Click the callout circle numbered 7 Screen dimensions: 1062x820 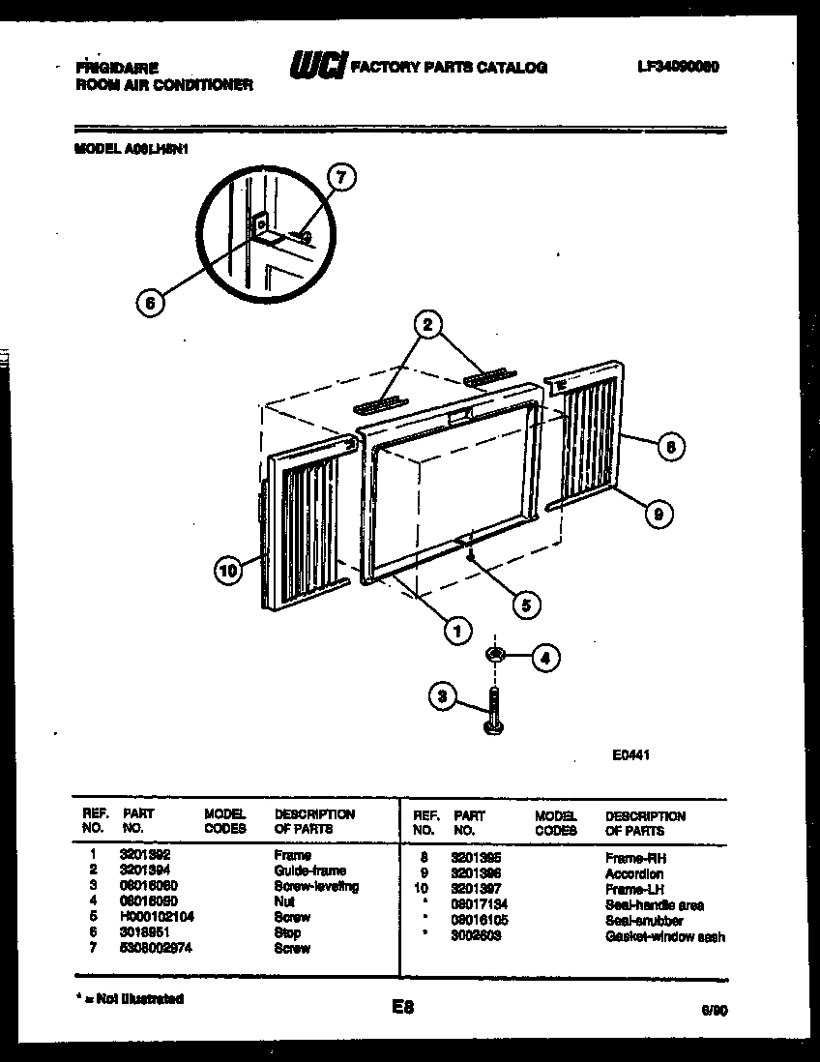(339, 176)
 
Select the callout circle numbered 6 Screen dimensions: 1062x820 (148, 302)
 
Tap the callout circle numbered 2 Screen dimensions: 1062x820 (425, 325)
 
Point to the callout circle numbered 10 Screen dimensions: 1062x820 (228, 572)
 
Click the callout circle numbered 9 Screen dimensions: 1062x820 (658, 515)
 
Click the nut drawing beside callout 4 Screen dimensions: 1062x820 (496, 657)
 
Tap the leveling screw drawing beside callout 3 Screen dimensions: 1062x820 (494, 712)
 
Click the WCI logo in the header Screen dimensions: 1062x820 (317, 67)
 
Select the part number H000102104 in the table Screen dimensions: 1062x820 (158, 917)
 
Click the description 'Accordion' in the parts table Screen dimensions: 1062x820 (634, 873)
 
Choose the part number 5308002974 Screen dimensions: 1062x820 (155, 948)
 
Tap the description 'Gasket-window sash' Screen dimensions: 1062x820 (664, 936)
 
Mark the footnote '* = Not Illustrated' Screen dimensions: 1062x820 (128, 998)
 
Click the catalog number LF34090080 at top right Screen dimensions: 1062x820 (679, 67)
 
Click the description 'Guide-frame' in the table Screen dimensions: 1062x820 (310, 870)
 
